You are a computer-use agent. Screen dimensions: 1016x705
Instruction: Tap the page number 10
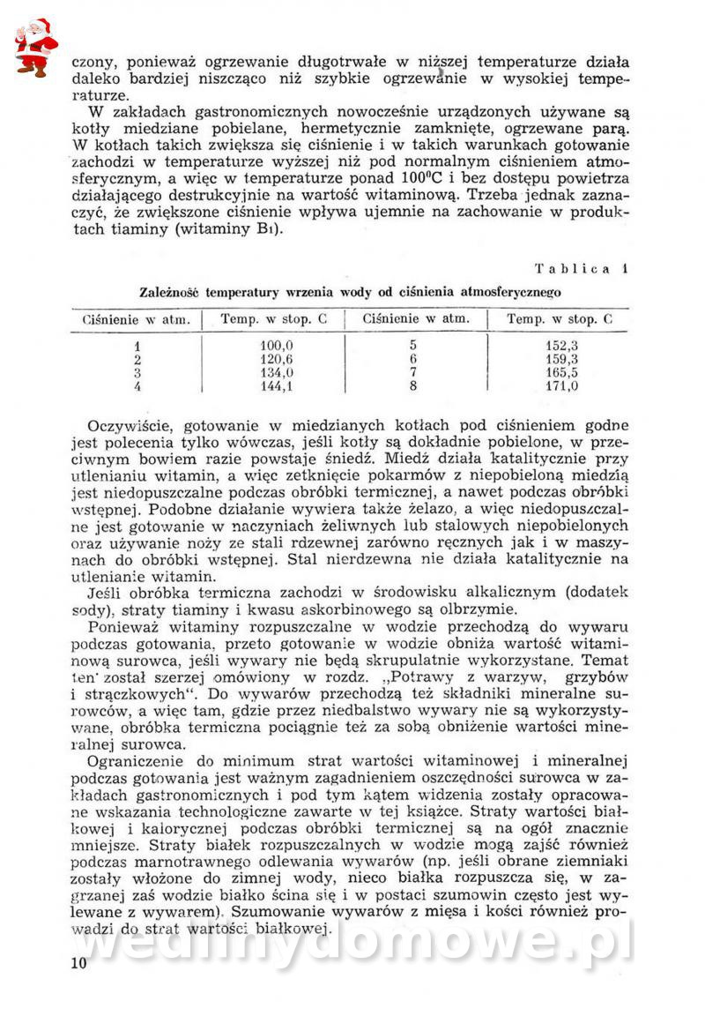[x=78, y=963]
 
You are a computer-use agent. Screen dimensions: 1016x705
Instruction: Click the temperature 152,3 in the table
[x=561, y=347]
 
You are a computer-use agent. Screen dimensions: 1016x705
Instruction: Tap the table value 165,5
[x=561, y=373]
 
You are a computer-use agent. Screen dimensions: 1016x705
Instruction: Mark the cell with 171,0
[x=561, y=386]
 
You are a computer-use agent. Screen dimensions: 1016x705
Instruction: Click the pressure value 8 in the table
[x=412, y=386]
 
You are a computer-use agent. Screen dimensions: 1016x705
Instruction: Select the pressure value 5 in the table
[x=412, y=347]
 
